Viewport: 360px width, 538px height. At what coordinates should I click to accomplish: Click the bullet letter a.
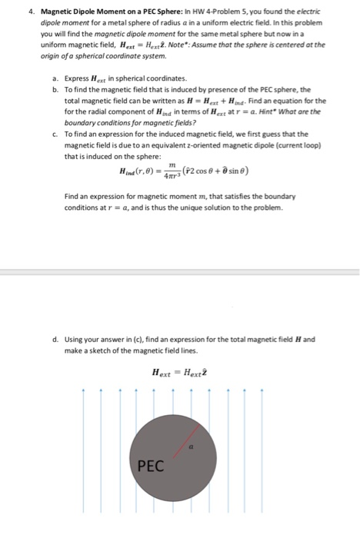pos(48,78)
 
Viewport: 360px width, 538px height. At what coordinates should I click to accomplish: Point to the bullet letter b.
pos(48,89)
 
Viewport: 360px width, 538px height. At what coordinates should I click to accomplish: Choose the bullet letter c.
pos(48,133)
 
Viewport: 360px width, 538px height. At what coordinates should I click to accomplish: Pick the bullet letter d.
pos(48,339)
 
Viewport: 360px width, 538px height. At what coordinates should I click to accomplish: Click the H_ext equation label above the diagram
pos(180,373)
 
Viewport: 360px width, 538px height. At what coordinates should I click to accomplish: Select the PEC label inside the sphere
pos(152,465)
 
